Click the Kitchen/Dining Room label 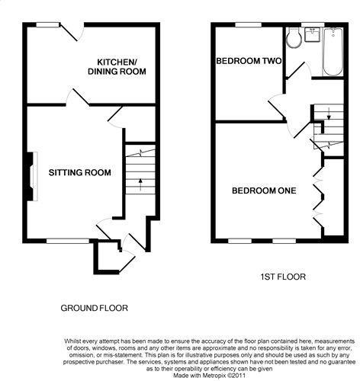click(x=117, y=66)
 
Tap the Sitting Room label click(x=80, y=173)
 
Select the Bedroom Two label click(x=249, y=61)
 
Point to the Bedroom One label click(x=264, y=190)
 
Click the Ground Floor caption click(x=94, y=308)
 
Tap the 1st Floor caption click(x=283, y=277)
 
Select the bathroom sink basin click(x=312, y=34)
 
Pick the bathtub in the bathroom click(x=333, y=52)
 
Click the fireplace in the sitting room click(x=33, y=177)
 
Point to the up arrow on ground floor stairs click(x=140, y=184)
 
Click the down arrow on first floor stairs click(x=329, y=114)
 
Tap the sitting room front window click(x=68, y=241)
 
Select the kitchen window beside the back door click(x=47, y=24)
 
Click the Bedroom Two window click(x=249, y=24)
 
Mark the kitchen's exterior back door click(x=72, y=32)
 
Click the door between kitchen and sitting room click(x=78, y=97)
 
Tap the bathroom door click(x=298, y=70)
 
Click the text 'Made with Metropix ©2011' click(x=209, y=376)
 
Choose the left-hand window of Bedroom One click(x=239, y=241)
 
